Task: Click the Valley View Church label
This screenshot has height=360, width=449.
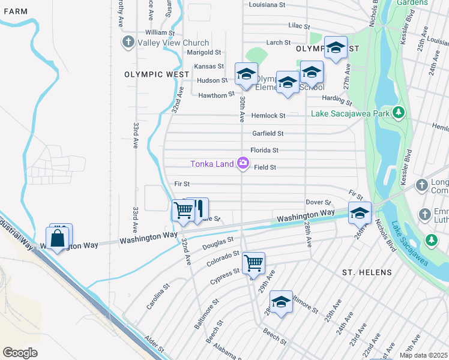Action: point(173,43)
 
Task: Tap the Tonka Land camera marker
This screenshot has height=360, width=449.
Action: point(243,163)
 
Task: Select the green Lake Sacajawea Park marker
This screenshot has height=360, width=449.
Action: point(397,113)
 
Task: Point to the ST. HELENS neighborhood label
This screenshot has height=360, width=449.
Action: point(366,272)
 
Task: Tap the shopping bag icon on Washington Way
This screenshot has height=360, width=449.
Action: point(58,238)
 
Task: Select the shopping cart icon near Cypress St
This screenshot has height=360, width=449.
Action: point(253,262)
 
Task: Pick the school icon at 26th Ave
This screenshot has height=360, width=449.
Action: point(360,213)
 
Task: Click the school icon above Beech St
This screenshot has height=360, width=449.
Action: point(280,302)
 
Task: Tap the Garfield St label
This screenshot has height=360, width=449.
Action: point(267,133)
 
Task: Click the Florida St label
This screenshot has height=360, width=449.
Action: point(265,150)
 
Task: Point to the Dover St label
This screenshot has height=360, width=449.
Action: point(318,202)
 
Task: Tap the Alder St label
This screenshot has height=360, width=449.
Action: point(154,345)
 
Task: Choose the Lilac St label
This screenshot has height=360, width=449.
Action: point(298,27)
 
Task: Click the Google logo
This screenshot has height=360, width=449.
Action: point(20,353)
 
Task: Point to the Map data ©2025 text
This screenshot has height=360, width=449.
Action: point(423,355)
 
